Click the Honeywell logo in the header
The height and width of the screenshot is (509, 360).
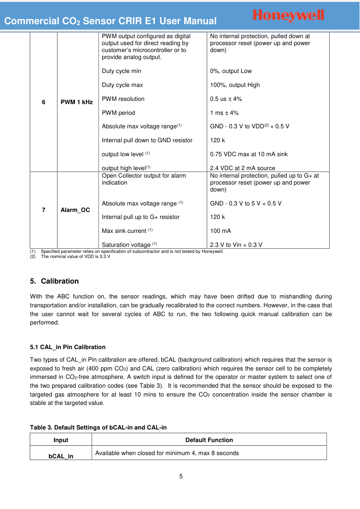[288, 15]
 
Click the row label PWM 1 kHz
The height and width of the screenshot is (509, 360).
[77, 102]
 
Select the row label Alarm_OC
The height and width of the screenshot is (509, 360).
[75, 210]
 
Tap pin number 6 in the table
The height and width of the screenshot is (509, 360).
[43, 102]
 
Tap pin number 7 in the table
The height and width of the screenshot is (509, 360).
[43, 210]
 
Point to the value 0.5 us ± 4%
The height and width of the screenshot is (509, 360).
[226, 99]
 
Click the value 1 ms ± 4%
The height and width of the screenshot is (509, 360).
[225, 113]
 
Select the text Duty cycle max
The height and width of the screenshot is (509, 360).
[122, 85]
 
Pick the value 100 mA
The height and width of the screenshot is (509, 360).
[220, 231]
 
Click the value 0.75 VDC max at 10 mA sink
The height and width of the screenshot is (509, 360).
[249, 154]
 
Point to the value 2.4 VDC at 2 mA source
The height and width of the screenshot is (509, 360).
[243, 168]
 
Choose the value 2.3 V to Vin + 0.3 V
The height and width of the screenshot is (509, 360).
[236, 245]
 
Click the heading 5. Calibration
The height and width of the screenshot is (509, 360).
[54, 281]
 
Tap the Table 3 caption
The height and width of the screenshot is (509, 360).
[98, 428]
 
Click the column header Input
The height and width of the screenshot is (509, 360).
[61, 440]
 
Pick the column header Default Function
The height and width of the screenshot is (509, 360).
[209, 440]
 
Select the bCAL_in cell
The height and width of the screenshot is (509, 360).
[61, 456]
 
